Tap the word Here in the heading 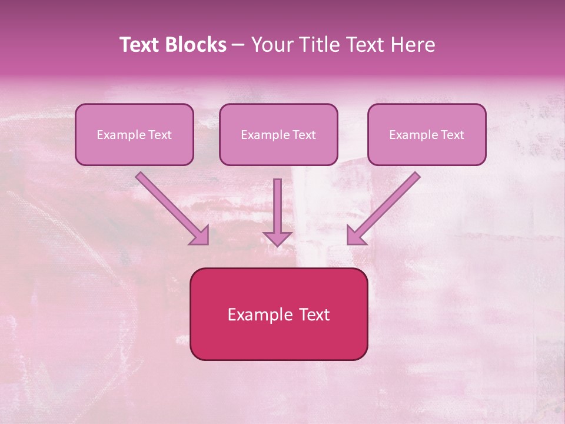[x=412, y=45]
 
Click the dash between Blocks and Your [x=238, y=45]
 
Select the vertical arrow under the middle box [x=277, y=206]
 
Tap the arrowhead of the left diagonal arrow [x=201, y=236]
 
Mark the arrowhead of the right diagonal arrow [x=355, y=236]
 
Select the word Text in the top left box [x=159, y=135]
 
